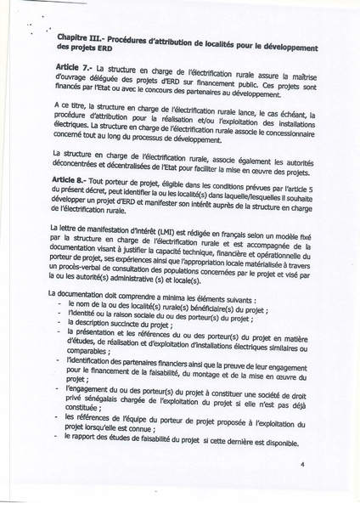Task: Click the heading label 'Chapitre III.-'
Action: point(81,41)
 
